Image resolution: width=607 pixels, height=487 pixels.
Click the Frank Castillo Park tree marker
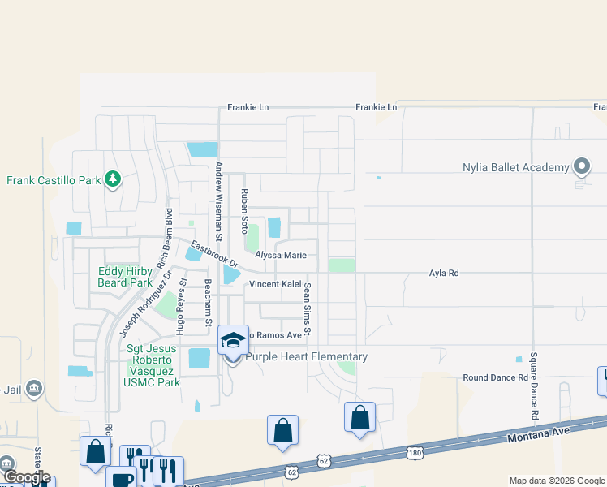click(x=113, y=179)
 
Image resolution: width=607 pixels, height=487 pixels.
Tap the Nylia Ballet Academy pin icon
click(x=581, y=166)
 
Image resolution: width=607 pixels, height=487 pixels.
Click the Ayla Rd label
click(x=444, y=274)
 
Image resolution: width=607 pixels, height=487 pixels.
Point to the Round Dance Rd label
click(x=495, y=377)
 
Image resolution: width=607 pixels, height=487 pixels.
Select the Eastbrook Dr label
click(x=214, y=253)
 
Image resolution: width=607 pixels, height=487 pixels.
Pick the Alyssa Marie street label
click(x=281, y=255)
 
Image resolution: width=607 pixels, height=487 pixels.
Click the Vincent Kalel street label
click(x=275, y=284)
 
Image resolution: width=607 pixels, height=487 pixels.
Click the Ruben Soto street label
click(x=243, y=212)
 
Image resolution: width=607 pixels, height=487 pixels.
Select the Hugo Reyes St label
click(x=182, y=307)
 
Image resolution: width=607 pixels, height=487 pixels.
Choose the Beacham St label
click(x=208, y=304)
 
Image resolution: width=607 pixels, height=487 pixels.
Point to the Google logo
click(x=26, y=477)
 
